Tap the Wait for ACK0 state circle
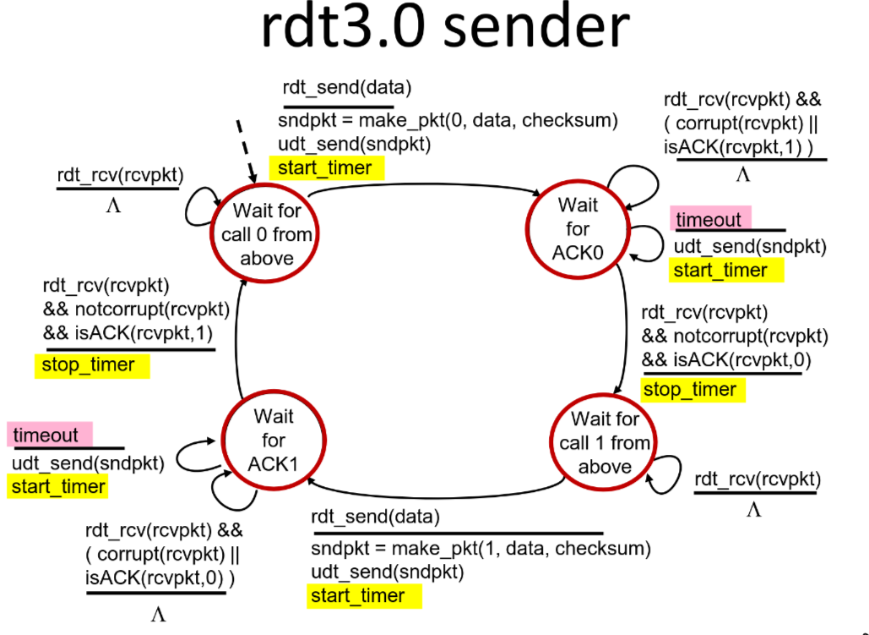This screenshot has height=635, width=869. point(578,228)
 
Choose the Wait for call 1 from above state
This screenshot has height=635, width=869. point(605,443)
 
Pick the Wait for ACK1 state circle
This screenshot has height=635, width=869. point(274,440)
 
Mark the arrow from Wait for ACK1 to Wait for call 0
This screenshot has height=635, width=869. point(235,338)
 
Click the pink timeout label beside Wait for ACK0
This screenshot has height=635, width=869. point(709,220)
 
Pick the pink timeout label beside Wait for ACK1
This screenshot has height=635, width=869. point(46,435)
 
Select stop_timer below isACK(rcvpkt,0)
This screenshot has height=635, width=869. point(689,390)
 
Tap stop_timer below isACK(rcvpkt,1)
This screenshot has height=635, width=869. point(88,365)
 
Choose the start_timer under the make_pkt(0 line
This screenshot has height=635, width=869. point(325,168)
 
